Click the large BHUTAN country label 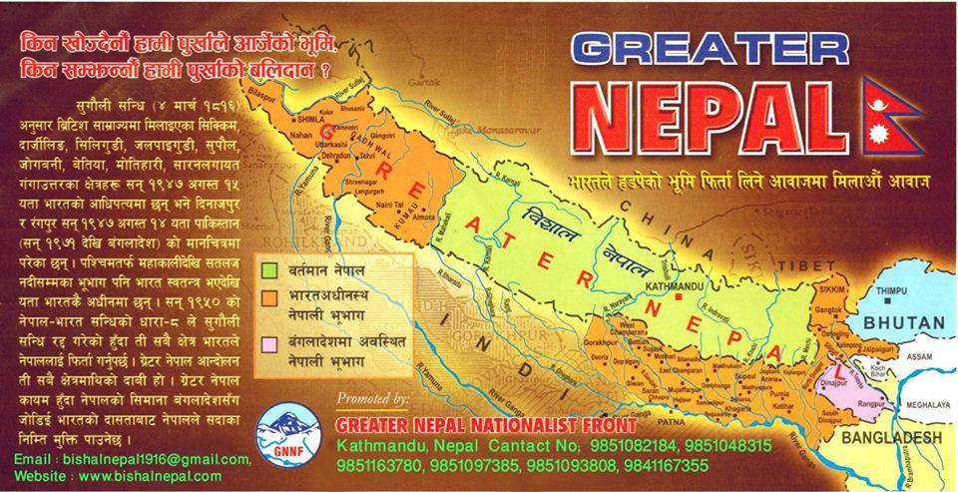click(x=903, y=322)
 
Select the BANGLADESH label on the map click(x=889, y=439)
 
